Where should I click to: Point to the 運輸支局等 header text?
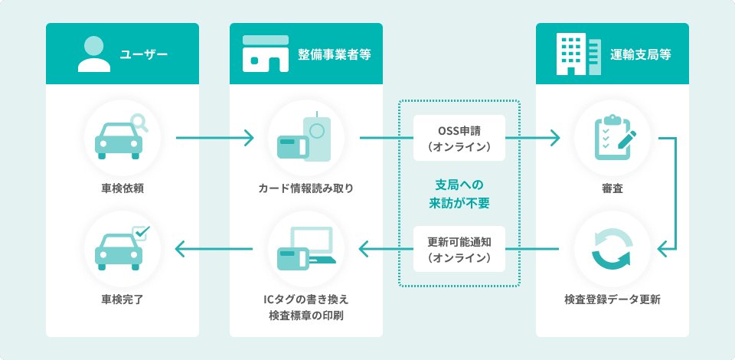[641, 54]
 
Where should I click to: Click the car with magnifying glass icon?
[122, 138]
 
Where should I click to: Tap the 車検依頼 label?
[122, 188]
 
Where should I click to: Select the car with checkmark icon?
[122, 248]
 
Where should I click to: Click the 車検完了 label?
[122, 299]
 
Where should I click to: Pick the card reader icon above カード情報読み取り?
[305, 138]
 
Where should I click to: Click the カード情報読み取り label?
[306, 188]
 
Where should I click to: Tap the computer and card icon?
[305, 248]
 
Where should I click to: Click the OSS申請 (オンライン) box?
[459, 138]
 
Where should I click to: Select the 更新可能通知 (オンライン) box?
[459, 248]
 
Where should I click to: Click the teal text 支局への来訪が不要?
[459, 194]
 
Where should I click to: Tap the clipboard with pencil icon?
[612, 138]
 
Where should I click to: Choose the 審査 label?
[612, 188]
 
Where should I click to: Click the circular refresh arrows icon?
[612, 248]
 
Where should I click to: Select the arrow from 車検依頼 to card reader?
[214, 139]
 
